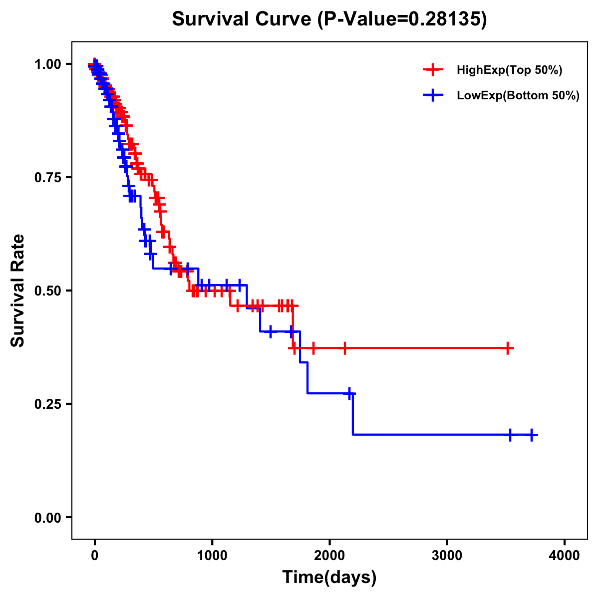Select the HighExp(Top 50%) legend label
pyautogui.click(x=509, y=70)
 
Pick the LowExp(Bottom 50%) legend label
pyautogui.click(x=518, y=96)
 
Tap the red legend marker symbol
pyautogui.click(x=433, y=70)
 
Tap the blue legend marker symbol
pyautogui.click(x=433, y=96)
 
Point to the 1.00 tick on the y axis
pyautogui.click(x=47, y=64)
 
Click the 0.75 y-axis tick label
pyautogui.click(x=47, y=178)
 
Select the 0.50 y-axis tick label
pyautogui.click(x=47, y=291)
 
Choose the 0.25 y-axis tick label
pyautogui.click(x=47, y=404)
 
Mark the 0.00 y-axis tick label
pyautogui.click(x=47, y=518)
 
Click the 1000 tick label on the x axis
pyautogui.click(x=212, y=556)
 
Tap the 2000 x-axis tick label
pyautogui.click(x=329, y=556)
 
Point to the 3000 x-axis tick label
pyautogui.click(x=447, y=556)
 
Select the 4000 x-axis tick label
pyautogui.click(x=565, y=556)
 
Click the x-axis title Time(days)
pyautogui.click(x=329, y=578)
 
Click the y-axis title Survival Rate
pyautogui.click(x=18, y=291)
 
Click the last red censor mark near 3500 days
pyautogui.click(x=508, y=348)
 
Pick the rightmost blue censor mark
pyautogui.click(x=532, y=435)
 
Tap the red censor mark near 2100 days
pyautogui.click(x=344, y=348)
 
